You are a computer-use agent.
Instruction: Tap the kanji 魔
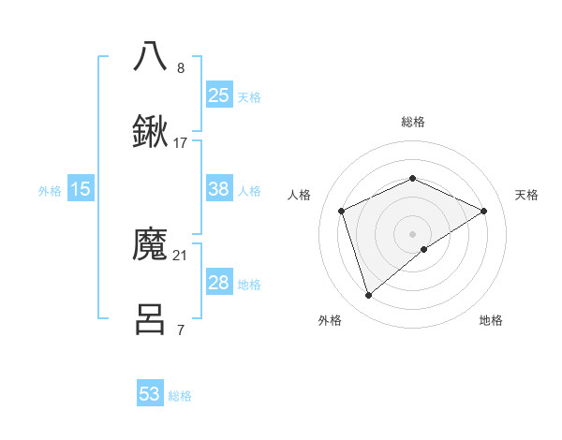pos(151,245)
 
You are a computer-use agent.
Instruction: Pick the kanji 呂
pos(151,319)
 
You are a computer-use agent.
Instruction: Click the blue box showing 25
pos(218,95)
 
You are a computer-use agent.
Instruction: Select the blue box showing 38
pos(218,189)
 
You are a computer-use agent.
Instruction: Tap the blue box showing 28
pos(218,283)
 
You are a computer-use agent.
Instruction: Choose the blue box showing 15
pos(81,189)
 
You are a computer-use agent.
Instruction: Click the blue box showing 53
pos(150,394)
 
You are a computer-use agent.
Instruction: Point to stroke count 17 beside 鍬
pos(181,142)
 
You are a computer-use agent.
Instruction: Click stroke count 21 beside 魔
pos(181,255)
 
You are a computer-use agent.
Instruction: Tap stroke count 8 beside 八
pos(181,67)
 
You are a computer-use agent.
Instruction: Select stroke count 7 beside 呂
pos(180,330)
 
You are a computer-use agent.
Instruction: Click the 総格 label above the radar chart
pos(412,122)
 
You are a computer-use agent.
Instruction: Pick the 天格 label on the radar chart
pos(526,195)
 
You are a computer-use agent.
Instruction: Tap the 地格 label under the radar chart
pos(491,320)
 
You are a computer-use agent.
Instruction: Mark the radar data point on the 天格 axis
pos(484,211)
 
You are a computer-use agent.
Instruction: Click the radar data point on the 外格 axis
pos(368,296)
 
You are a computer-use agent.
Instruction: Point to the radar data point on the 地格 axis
pos(424,249)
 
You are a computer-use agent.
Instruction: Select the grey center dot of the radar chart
pos(413,233)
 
